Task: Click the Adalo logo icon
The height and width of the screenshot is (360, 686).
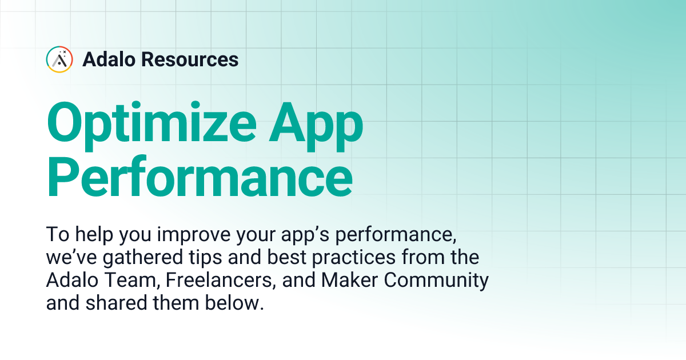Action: [x=59, y=59]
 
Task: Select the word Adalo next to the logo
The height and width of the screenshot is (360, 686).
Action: [x=109, y=59]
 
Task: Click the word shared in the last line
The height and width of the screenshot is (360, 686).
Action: [x=113, y=303]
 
